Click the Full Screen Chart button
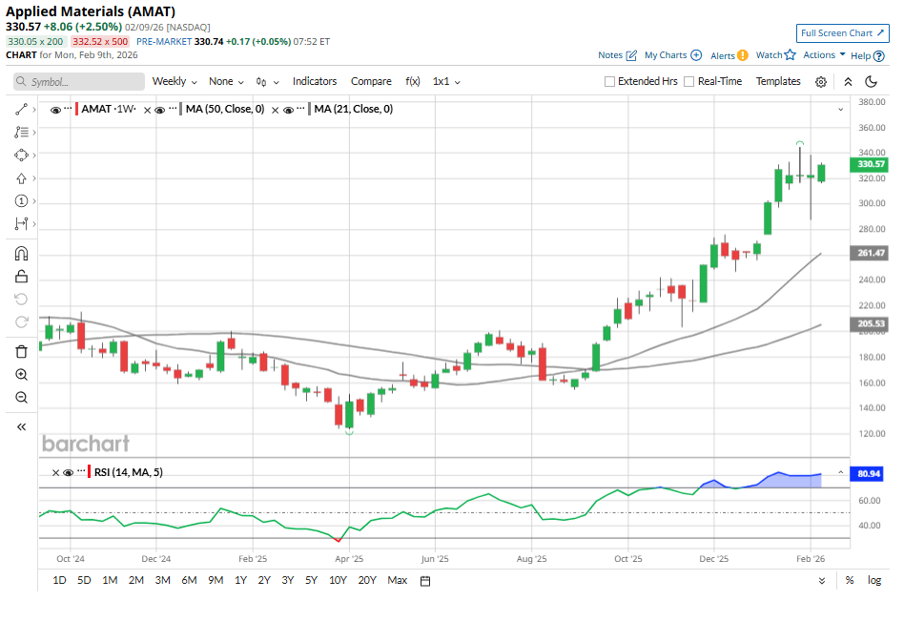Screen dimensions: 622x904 click(x=842, y=32)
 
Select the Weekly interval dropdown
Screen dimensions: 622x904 click(x=174, y=82)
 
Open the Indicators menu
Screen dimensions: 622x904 click(x=315, y=82)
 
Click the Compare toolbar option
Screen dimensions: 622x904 click(x=371, y=82)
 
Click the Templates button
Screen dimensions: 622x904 click(x=778, y=82)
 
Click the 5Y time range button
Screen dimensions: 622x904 click(x=312, y=580)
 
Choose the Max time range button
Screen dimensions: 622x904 click(x=398, y=580)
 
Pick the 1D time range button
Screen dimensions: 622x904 click(x=59, y=580)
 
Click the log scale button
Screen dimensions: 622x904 click(x=873, y=580)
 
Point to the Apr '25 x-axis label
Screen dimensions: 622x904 click(x=350, y=560)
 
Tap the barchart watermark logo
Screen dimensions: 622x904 click(x=86, y=444)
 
